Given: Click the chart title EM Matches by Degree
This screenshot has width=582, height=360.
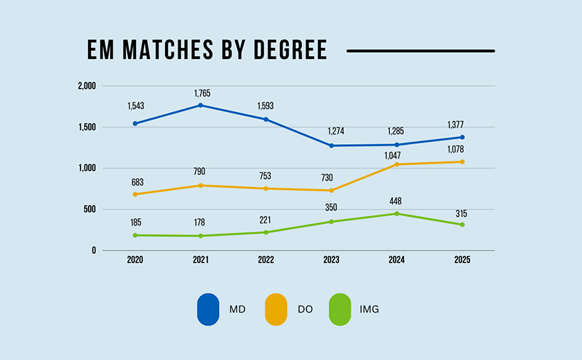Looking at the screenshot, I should [207, 49].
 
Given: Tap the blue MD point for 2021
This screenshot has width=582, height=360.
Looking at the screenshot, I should [201, 105].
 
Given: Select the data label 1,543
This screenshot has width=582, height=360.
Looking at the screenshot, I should [135, 107].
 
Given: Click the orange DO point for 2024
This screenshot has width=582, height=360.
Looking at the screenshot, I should [396, 164].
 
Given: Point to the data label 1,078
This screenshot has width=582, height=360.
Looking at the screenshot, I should [462, 148].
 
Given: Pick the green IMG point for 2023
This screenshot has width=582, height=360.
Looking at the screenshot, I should [331, 221].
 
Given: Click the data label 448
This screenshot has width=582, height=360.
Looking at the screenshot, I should [396, 201].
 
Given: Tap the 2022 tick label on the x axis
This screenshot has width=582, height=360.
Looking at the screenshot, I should [266, 260].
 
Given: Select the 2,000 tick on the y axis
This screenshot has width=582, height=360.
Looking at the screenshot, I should [87, 86].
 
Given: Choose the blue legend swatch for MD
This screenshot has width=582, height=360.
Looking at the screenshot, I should [208, 309].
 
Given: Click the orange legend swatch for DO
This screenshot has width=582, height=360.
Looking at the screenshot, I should [274, 309].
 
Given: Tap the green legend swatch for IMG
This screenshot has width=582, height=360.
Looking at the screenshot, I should [340, 309].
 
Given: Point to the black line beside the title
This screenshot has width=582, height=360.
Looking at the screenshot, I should [420, 51].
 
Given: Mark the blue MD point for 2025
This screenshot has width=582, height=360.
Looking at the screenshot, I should [462, 137].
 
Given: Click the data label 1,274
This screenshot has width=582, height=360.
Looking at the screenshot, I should [331, 131].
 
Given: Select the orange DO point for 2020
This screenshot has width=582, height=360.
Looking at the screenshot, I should [135, 194].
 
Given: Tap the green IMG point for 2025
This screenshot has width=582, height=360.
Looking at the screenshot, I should [462, 225].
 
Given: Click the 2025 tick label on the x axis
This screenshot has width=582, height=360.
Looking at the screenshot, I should [462, 260].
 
